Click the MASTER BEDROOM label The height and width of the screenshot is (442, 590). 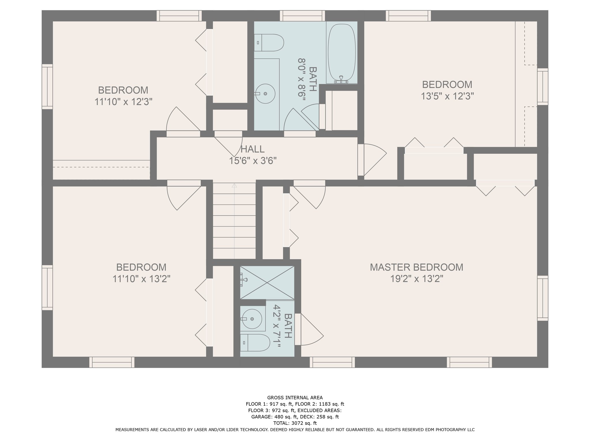(x=416, y=267)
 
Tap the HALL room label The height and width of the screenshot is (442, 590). (x=252, y=149)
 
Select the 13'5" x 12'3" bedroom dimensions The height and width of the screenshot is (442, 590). (x=447, y=96)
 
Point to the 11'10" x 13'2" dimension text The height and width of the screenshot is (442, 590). (x=141, y=279)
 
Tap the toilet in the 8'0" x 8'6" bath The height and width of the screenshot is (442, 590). (x=269, y=43)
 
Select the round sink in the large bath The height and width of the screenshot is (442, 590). (x=265, y=94)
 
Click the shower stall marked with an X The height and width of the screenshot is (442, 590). (x=267, y=283)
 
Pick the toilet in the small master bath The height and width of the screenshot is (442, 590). (x=255, y=342)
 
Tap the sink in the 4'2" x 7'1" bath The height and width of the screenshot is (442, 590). (x=252, y=319)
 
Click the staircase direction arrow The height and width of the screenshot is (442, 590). (x=234, y=186)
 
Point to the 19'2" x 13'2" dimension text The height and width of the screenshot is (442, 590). (x=416, y=279)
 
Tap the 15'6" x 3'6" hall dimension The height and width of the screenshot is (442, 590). (x=252, y=161)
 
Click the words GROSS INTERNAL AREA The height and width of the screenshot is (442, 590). (x=295, y=398)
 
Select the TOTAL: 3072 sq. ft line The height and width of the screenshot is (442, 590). (x=295, y=423)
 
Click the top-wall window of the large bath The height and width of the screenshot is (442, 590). (x=302, y=16)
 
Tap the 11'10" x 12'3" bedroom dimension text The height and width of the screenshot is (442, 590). (x=123, y=102)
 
